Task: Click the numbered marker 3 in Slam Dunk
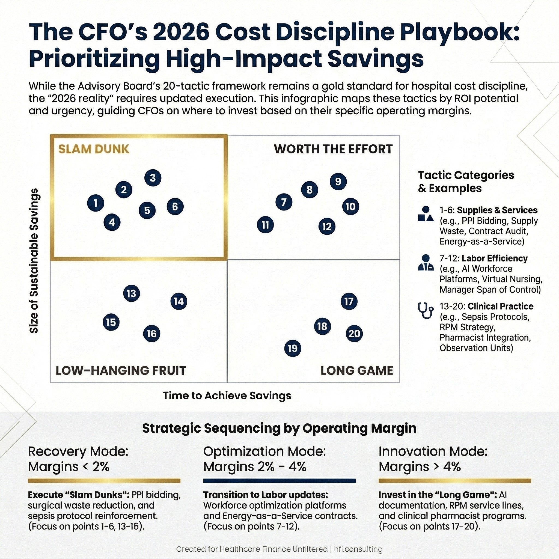click(x=153, y=178)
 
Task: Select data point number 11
click(x=265, y=225)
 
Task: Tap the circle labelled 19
click(x=293, y=348)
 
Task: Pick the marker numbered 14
click(x=179, y=302)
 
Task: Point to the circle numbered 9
click(x=338, y=182)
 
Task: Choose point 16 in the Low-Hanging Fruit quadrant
click(x=151, y=334)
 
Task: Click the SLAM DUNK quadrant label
click(x=94, y=149)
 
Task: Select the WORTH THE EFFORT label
click(x=333, y=149)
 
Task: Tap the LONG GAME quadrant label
click(x=357, y=370)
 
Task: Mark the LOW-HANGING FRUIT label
click(x=121, y=370)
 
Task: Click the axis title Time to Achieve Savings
click(x=227, y=396)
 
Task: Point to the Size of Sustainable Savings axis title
click(x=34, y=260)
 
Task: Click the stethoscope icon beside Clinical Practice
click(x=426, y=310)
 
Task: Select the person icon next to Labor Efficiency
click(x=426, y=263)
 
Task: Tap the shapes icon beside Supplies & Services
click(x=426, y=214)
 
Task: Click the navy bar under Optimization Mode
click(x=279, y=481)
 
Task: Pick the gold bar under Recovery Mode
click(x=104, y=481)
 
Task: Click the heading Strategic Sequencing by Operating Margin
click(x=279, y=428)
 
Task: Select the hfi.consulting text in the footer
click(x=358, y=549)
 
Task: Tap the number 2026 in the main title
click(x=181, y=32)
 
